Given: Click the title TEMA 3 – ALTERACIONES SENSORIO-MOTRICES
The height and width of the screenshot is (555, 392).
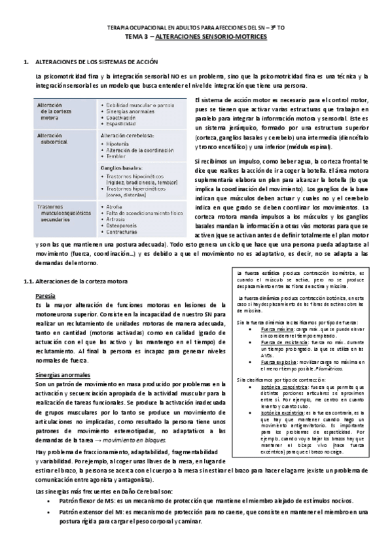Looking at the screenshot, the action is [196, 39].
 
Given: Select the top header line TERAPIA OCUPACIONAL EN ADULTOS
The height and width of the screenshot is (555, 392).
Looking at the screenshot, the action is [196, 30].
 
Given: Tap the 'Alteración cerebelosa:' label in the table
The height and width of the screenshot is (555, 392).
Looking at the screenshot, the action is [128, 136].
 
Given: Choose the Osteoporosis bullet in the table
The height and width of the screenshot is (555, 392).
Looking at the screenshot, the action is [127, 226].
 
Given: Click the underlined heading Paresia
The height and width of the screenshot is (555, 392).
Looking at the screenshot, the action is [45, 295].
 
